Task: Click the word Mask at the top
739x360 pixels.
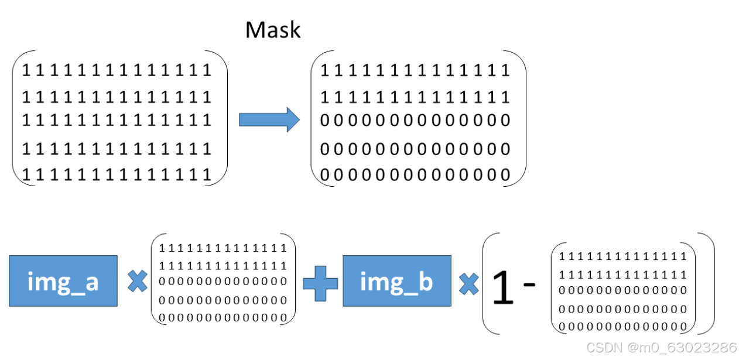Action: [273, 30]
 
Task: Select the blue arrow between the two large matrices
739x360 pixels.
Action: [269, 119]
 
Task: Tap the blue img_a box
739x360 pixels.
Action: [63, 281]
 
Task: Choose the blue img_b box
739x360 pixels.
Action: [396, 281]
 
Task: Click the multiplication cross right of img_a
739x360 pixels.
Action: [137, 282]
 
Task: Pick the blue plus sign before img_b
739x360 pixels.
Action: [320, 282]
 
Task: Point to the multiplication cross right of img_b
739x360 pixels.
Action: [468, 284]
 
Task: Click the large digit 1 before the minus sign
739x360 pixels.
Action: [503, 288]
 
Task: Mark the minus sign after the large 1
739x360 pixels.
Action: [529, 284]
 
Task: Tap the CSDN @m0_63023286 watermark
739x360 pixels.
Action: [661, 348]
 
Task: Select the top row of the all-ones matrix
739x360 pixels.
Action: [117, 71]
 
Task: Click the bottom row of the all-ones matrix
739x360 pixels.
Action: [117, 174]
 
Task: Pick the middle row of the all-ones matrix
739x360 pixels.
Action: [117, 120]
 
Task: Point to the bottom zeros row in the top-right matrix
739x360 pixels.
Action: [415, 174]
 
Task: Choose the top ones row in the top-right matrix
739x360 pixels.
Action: [415, 71]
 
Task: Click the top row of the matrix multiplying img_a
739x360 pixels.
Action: [223, 248]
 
